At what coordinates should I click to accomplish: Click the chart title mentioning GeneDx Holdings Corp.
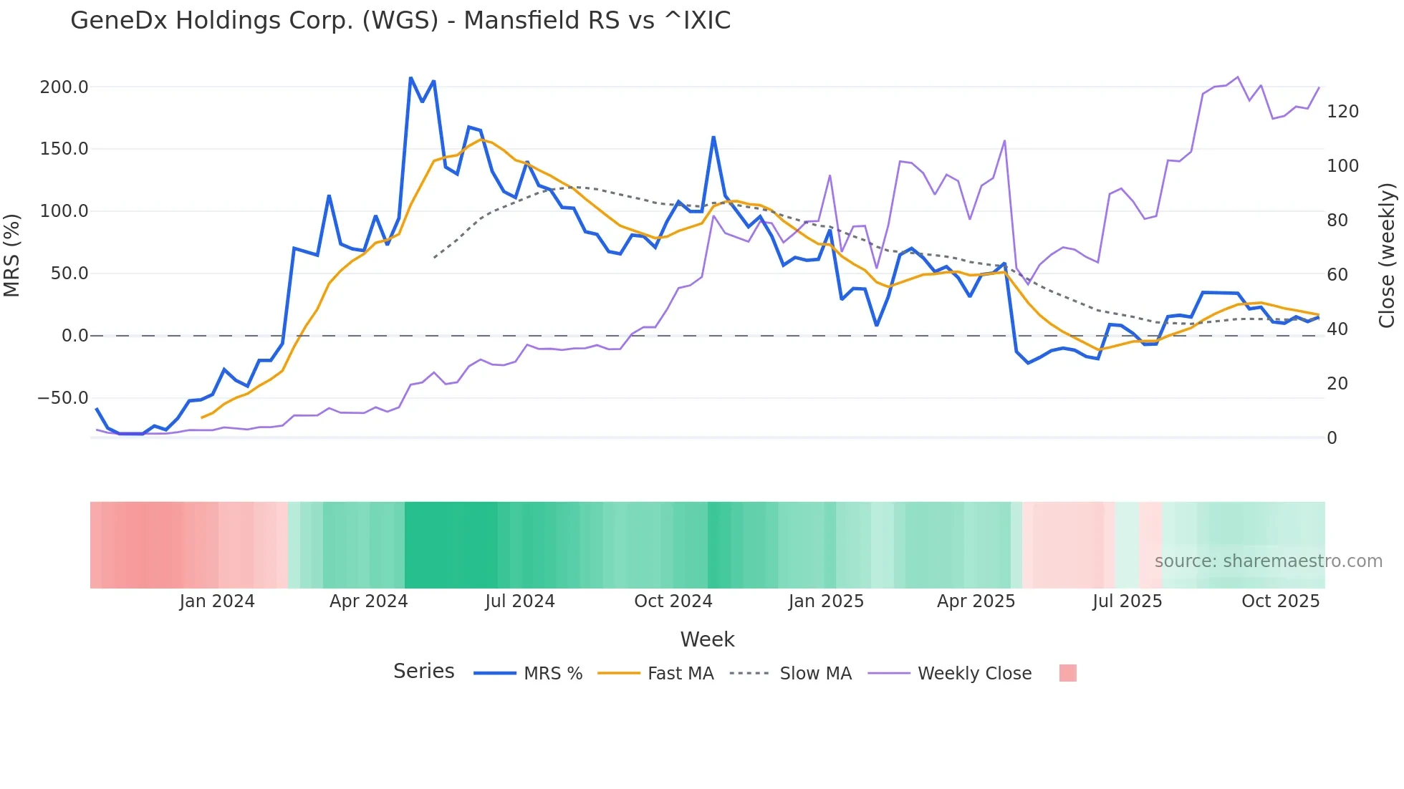coord(400,21)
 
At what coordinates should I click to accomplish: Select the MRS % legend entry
coord(552,674)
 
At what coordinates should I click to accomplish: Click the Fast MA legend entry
coord(680,674)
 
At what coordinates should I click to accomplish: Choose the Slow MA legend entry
coord(815,674)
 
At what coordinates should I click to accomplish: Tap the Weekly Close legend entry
coord(974,674)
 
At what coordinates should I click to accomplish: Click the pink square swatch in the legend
coord(1067,673)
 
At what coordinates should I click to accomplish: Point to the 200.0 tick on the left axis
coord(64,87)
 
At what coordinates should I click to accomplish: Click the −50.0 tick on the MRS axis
coord(63,398)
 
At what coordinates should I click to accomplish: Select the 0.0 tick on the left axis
coord(74,336)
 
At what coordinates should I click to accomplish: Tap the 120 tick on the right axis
coord(1342,112)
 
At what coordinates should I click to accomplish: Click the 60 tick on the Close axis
coord(1337,275)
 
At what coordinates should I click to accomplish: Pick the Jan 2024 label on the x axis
coord(217,601)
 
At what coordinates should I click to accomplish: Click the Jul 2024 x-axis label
coord(520,601)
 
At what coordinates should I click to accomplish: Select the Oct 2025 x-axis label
coord(1280,601)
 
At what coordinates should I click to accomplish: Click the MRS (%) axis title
coord(12,256)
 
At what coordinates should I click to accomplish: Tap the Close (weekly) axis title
coord(1387,256)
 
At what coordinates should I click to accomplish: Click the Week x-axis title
coord(707,639)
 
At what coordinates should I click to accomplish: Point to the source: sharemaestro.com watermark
coord(1268,561)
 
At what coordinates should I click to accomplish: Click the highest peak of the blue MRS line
coord(410,77)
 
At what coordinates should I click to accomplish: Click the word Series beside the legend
coord(423,672)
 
